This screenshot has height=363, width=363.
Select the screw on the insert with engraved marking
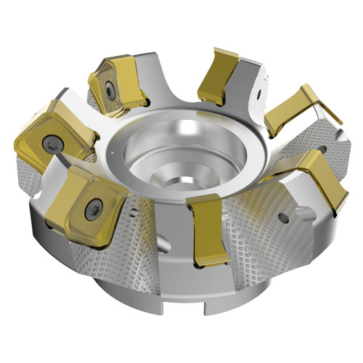click(109, 90)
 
